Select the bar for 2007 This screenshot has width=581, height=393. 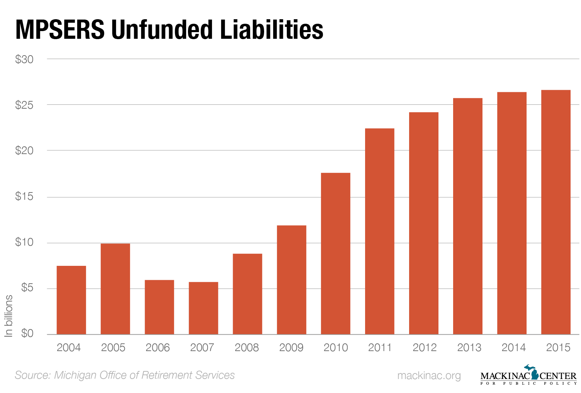(x=203, y=308)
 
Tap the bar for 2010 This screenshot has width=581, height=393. (x=335, y=253)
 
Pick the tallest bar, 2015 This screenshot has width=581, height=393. (x=555, y=212)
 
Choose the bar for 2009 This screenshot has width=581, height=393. (x=291, y=279)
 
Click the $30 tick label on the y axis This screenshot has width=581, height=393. (x=24, y=59)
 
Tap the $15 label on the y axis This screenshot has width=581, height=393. (x=24, y=196)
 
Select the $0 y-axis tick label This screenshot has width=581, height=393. (x=27, y=333)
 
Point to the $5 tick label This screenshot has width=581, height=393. (x=27, y=288)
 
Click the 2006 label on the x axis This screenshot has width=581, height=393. (x=158, y=348)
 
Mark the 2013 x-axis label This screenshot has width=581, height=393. (x=469, y=348)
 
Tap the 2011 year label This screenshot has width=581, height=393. (x=380, y=348)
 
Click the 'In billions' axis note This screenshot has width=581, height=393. (x=8, y=316)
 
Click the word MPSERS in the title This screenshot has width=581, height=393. (x=60, y=30)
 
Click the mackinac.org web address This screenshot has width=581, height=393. (x=429, y=376)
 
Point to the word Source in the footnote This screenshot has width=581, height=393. (x=33, y=375)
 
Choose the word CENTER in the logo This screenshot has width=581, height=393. (x=558, y=376)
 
